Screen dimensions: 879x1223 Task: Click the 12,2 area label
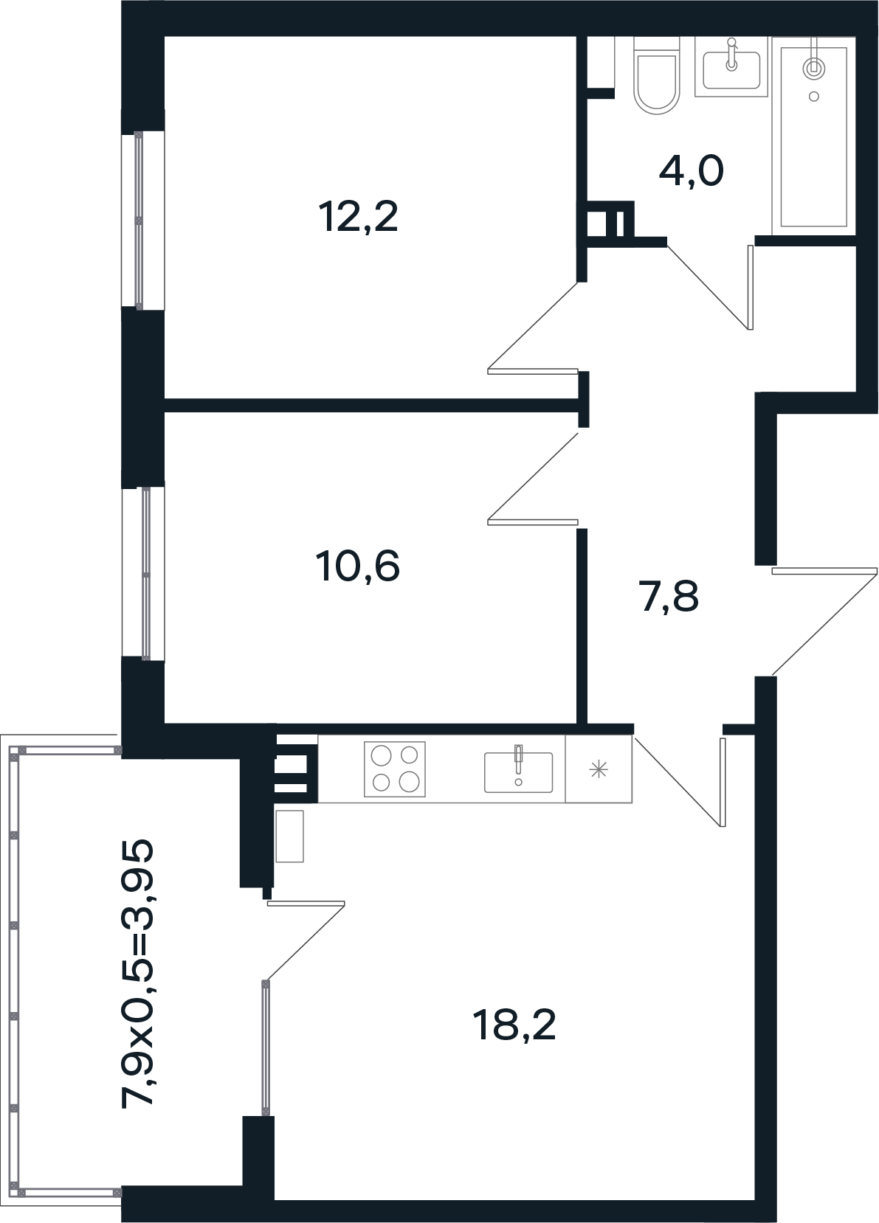click(x=358, y=217)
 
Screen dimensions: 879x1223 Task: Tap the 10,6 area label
click(x=358, y=566)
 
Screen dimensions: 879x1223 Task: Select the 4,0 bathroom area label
click(x=691, y=171)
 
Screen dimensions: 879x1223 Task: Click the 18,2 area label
click(x=514, y=1025)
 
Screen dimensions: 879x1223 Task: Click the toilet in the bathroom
click(x=657, y=81)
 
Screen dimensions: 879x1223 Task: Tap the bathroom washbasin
click(x=731, y=69)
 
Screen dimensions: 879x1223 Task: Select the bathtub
click(x=813, y=136)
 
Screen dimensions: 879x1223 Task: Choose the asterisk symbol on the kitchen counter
click(x=599, y=770)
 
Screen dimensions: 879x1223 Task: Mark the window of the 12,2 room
click(x=142, y=220)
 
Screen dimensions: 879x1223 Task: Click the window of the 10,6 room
click(x=143, y=574)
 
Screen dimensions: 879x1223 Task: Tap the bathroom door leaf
click(x=750, y=288)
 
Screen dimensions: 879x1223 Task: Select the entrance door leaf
click(x=824, y=571)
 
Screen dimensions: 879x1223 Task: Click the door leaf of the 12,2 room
click(x=533, y=371)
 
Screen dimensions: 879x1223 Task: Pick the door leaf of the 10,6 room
click(x=533, y=522)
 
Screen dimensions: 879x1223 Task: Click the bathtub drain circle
click(x=814, y=97)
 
